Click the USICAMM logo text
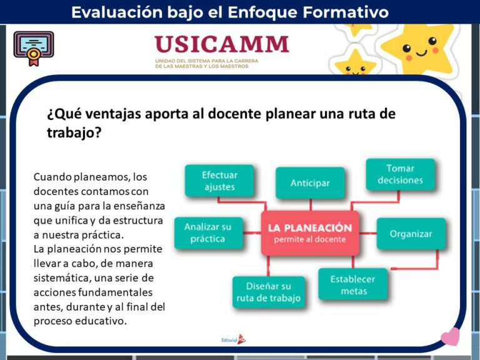(222, 44)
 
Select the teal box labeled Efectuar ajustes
(219, 181)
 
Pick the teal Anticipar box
(310, 183)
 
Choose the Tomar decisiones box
(400, 174)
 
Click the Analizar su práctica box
(207, 232)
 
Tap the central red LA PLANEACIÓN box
(310, 233)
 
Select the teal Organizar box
(411, 234)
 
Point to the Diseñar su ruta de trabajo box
(268, 292)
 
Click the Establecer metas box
(353, 285)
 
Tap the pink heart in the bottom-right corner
(450, 337)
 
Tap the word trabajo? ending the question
(74, 132)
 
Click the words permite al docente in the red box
(310, 240)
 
